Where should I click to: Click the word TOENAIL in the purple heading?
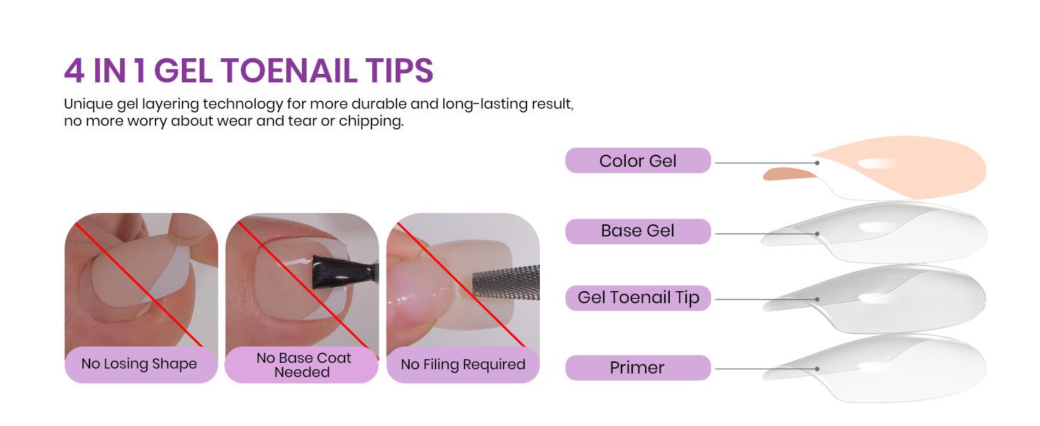(x=288, y=71)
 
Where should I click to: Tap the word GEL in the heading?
(x=184, y=71)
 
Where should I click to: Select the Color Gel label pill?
(x=638, y=160)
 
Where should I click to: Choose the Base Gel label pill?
(x=638, y=231)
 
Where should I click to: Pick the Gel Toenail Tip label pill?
(x=638, y=297)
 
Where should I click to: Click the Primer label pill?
(x=638, y=368)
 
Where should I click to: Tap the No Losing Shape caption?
(x=140, y=364)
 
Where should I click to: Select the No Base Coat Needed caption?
(x=303, y=365)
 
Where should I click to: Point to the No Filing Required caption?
(x=463, y=365)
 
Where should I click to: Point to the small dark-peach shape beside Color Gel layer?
(x=787, y=174)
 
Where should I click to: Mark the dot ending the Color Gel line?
(x=817, y=163)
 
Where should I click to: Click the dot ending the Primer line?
(x=817, y=368)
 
